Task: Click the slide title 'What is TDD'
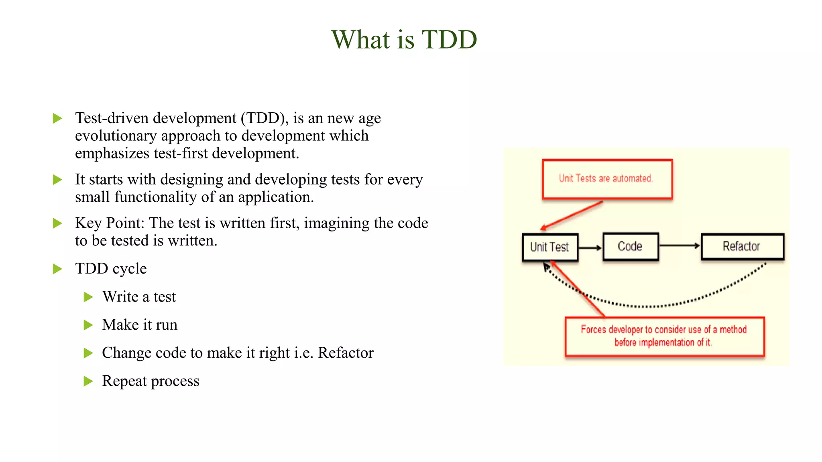pyautogui.click(x=404, y=40)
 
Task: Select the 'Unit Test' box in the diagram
pyautogui.click(x=550, y=247)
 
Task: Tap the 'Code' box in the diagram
pyautogui.click(x=630, y=246)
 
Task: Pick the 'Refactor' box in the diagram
pyautogui.click(x=742, y=246)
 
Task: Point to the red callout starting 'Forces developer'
pyautogui.click(x=664, y=336)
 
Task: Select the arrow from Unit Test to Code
pyautogui.click(x=590, y=248)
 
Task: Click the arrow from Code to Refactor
pyautogui.click(x=680, y=245)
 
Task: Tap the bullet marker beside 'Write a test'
pyautogui.click(x=88, y=297)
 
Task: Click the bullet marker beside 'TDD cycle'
pyautogui.click(x=58, y=269)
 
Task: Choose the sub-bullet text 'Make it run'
pyautogui.click(x=140, y=325)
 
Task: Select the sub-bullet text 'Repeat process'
pyautogui.click(x=151, y=381)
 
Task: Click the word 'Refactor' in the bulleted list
pyautogui.click(x=346, y=353)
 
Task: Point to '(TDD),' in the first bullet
pyautogui.click(x=265, y=118)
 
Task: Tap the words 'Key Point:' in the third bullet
pyautogui.click(x=110, y=223)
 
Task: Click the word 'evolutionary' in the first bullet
pyautogui.click(x=116, y=136)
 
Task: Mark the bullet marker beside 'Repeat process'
pyautogui.click(x=88, y=381)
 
